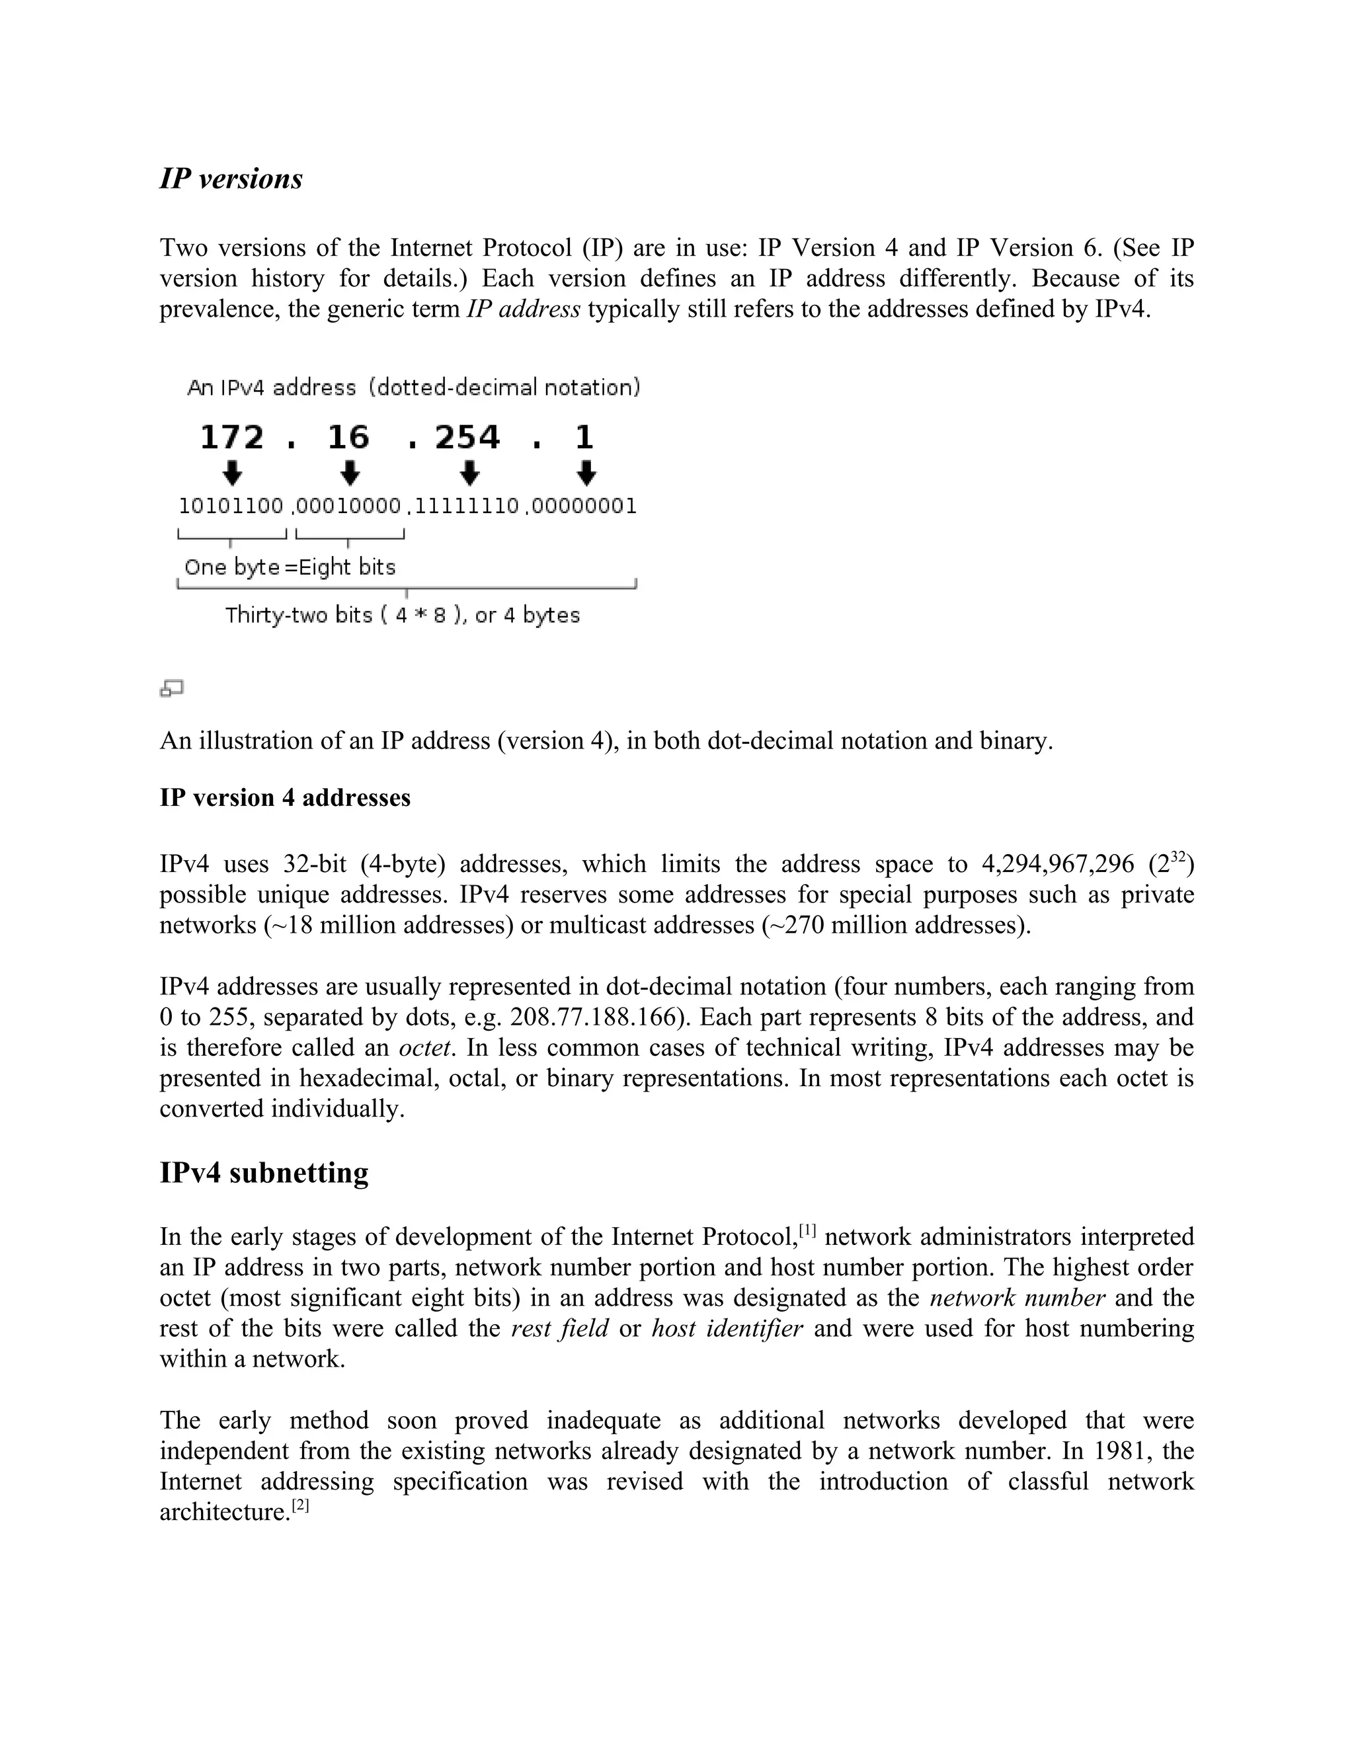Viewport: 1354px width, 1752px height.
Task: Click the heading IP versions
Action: pyautogui.click(x=231, y=178)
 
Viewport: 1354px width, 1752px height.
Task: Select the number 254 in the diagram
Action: pyautogui.click(x=467, y=438)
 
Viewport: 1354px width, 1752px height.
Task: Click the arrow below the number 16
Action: pyautogui.click(x=350, y=473)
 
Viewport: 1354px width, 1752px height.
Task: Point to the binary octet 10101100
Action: pyautogui.click(x=231, y=506)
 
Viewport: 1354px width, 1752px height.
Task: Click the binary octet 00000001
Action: pyautogui.click(x=584, y=506)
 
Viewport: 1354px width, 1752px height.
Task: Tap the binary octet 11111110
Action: pyautogui.click(x=467, y=506)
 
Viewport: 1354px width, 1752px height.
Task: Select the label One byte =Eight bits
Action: pyautogui.click(x=290, y=567)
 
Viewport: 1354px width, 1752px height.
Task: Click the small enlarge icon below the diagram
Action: pyautogui.click(x=172, y=688)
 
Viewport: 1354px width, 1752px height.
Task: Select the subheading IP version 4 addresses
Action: pyautogui.click(x=285, y=797)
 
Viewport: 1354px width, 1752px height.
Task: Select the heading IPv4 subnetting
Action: pyautogui.click(x=264, y=1173)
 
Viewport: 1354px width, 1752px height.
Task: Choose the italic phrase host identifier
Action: pyautogui.click(x=726, y=1328)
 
